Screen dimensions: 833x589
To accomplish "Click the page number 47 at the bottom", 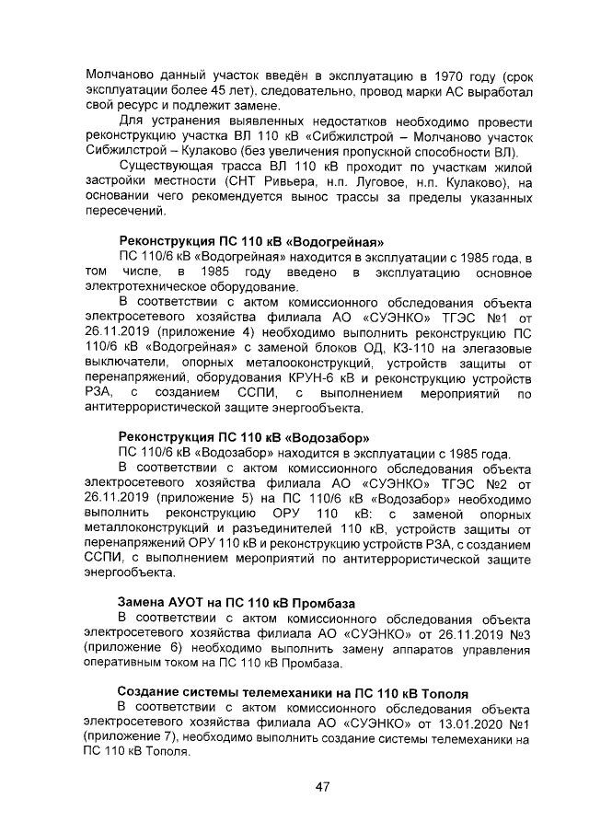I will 322,786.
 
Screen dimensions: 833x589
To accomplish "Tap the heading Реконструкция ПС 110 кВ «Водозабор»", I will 244,437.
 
